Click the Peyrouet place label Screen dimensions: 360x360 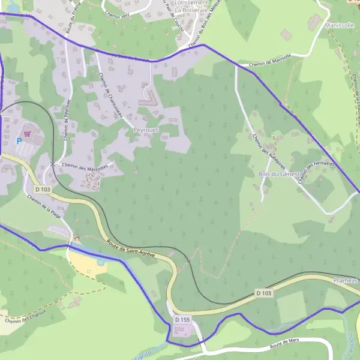click(145, 130)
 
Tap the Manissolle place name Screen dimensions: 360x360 click(340, 26)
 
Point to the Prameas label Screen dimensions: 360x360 click(345, 280)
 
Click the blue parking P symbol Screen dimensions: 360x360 click(19, 141)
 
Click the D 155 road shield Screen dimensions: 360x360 click(182, 320)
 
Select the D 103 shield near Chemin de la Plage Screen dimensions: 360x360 click(43, 189)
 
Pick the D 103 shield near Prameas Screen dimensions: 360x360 click(263, 293)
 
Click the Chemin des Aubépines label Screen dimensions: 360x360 click(264, 149)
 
